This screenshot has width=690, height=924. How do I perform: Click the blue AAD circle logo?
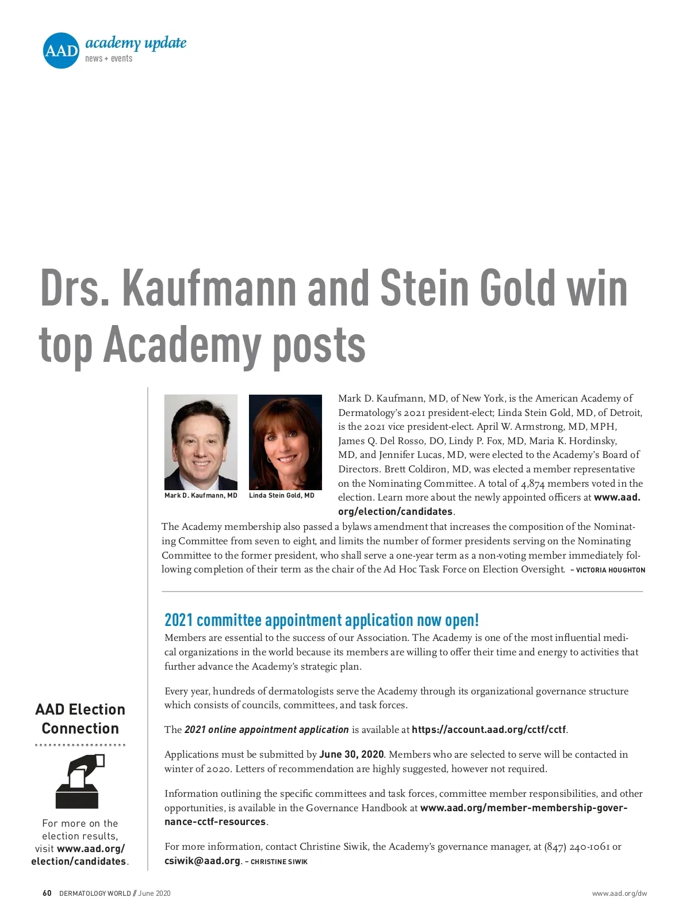(x=60, y=51)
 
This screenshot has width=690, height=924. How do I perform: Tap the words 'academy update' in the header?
(x=136, y=43)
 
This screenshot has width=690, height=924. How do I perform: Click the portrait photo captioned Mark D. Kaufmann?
(x=201, y=442)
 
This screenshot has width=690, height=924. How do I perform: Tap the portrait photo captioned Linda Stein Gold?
(x=285, y=442)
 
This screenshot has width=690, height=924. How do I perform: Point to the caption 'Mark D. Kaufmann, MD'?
(x=201, y=495)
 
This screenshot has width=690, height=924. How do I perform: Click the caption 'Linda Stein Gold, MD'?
(x=282, y=495)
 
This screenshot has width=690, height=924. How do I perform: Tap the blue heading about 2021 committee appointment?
(x=321, y=620)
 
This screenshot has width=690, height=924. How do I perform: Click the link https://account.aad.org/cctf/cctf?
(x=489, y=730)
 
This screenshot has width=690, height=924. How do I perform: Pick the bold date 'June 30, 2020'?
(x=351, y=754)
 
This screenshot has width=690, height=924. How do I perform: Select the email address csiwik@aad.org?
(x=202, y=861)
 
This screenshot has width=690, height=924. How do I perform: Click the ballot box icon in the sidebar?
(x=79, y=781)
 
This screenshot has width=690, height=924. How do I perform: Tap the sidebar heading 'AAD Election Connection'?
(x=80, y=719)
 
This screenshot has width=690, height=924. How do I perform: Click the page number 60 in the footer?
(x=47, y=894)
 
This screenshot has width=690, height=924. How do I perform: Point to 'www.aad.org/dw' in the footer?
(x=619, y=894)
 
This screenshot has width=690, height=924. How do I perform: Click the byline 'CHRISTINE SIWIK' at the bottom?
(x=279, y=862)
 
